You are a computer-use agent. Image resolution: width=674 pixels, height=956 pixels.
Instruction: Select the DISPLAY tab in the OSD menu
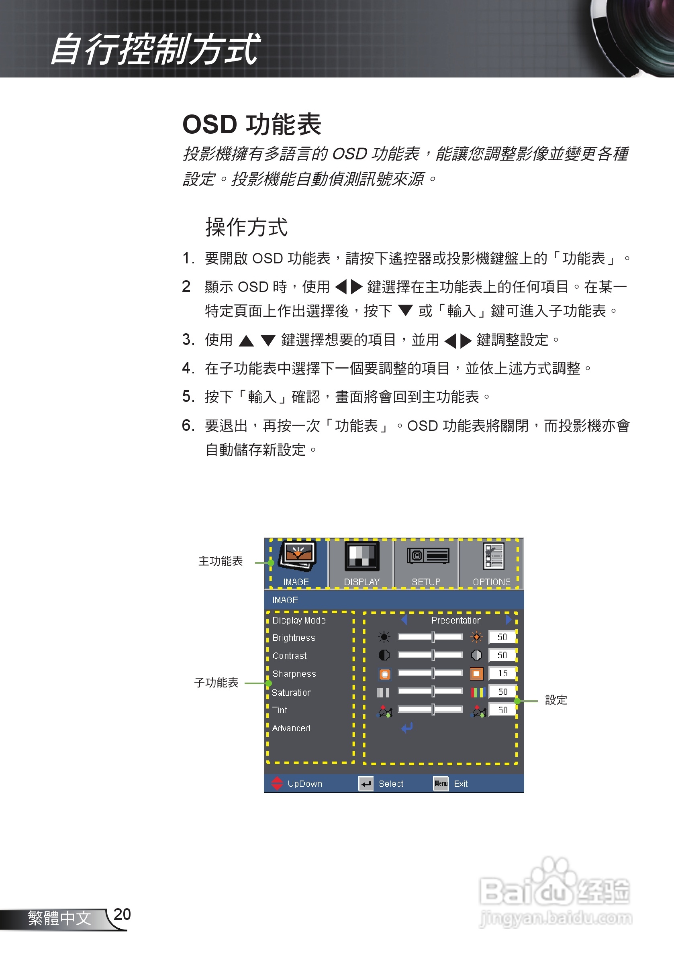(x=362, y=563)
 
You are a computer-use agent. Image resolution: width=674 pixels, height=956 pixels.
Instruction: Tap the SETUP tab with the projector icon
(x=427, y=563)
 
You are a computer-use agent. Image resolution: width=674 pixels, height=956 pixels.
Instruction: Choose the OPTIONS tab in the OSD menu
(x=492, y=563)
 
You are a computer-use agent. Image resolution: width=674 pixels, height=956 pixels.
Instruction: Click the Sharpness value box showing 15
(x=502, y=673)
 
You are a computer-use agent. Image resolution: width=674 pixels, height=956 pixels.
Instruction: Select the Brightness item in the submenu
(x=294, y=638)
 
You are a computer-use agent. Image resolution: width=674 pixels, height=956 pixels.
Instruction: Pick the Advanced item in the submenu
(x=291, y=728)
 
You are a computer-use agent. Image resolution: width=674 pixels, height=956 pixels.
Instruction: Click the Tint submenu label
(x=280, y=710)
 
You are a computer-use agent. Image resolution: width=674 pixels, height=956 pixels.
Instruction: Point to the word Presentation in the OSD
(x=456, y=620)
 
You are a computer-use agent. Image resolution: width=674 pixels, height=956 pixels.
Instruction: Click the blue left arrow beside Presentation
(x=404, y=620)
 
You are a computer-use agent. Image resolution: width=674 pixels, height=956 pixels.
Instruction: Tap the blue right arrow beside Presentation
(x=509, y=620)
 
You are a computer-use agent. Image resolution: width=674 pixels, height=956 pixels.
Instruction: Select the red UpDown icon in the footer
(x=277, y=783)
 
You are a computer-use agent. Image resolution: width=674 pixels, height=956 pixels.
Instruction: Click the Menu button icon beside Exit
(x=441, y=783)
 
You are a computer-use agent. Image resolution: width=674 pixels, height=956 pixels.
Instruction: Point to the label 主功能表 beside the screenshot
(x=221, y=561)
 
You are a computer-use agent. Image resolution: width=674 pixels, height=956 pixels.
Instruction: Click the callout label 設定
(x=556, y=700)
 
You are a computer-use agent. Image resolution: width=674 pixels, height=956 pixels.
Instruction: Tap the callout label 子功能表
(x=216, y=683)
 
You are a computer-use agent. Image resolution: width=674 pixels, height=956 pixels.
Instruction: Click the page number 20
(x=122, y=914)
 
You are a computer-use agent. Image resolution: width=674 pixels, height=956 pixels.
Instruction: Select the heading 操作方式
(x=246, y=227)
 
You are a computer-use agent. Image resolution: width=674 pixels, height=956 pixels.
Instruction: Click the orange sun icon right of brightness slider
(x=476, y=637)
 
